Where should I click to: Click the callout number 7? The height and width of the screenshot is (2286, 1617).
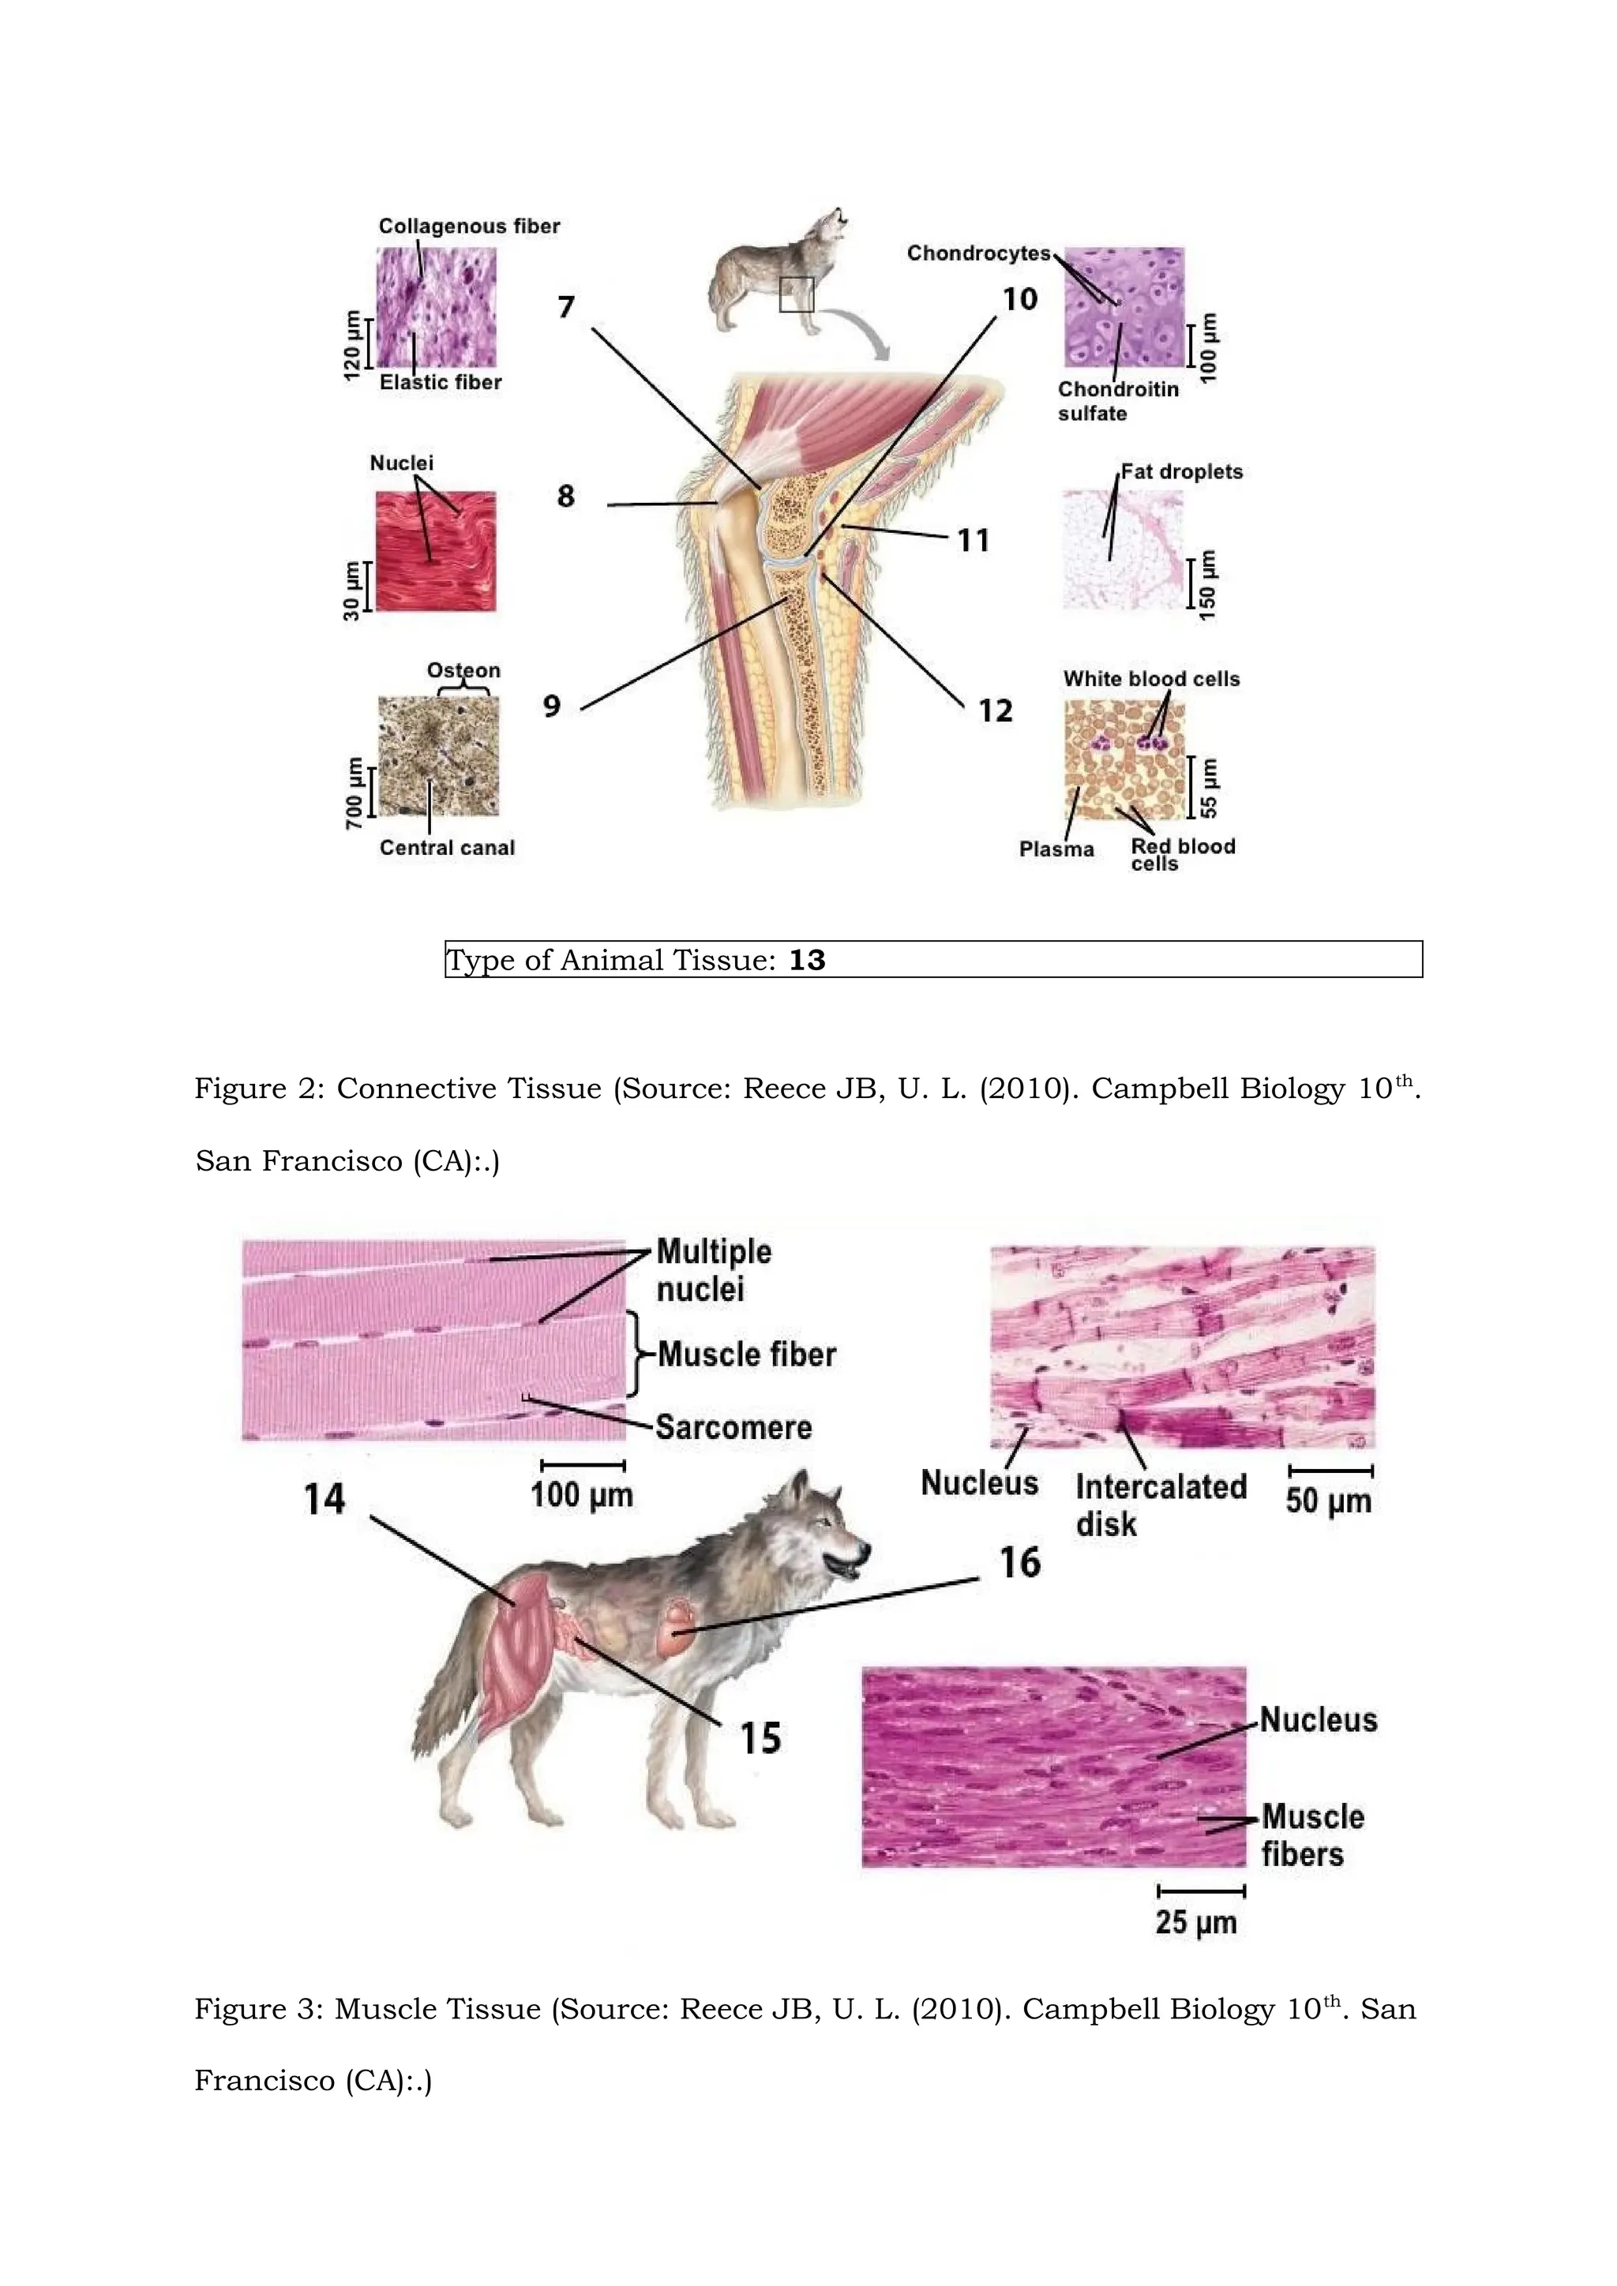pyautogui.click(x=565, y=306)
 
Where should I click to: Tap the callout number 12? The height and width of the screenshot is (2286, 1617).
pyautogui.click(x=995, y=711)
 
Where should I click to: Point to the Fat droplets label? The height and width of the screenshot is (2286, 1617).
pyautogui.click(x=1181, y=472)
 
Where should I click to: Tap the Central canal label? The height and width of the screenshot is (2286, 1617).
pyautogui.click(x=447, y=849)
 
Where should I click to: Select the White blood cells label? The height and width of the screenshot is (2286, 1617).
pyautogui.click(x=1151, y=679)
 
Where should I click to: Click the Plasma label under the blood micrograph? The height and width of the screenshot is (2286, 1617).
pyautogui.click(x=1056, y=850)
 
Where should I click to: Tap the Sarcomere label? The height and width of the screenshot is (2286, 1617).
pyautogui.click(x=733, y=1428)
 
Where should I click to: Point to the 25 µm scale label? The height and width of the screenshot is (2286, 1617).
pyautogui.click(x=1196, y=1923)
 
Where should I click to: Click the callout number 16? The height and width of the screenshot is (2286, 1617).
pyautogui.click(x=1019, y=1562)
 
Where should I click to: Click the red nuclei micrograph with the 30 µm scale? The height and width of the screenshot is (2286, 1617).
pyautogui.click(x=435, y=551)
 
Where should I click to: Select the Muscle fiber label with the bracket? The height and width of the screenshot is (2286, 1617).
pyautogui.click(x=746, y=1355)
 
